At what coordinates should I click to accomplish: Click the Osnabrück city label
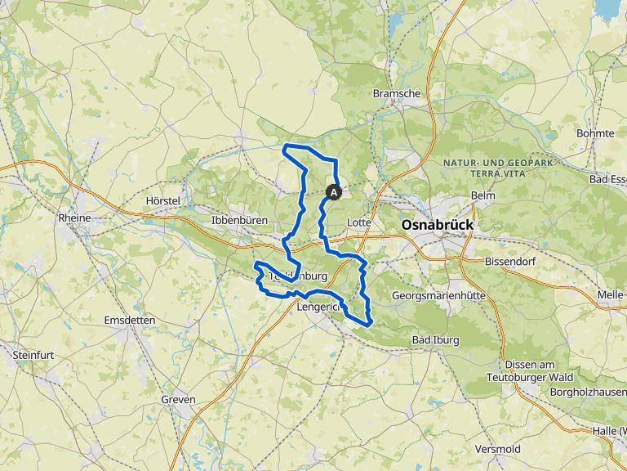point(437,224)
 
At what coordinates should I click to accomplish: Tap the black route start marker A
point(334,191)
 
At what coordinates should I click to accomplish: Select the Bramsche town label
point(396,93)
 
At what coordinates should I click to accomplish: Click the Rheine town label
point(74,218)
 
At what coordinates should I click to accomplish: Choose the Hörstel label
point(162,200)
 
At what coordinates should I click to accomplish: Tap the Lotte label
point(358,222)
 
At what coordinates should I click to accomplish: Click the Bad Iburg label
point(435,339)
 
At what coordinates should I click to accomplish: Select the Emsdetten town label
point(130,321)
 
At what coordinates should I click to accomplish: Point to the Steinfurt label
point(33,355)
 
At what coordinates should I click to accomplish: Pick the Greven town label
point(178,399)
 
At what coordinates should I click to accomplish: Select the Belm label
point(483,195)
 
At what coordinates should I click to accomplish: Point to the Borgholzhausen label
point(585,392)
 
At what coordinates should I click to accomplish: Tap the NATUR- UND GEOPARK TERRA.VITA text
point(498,168)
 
